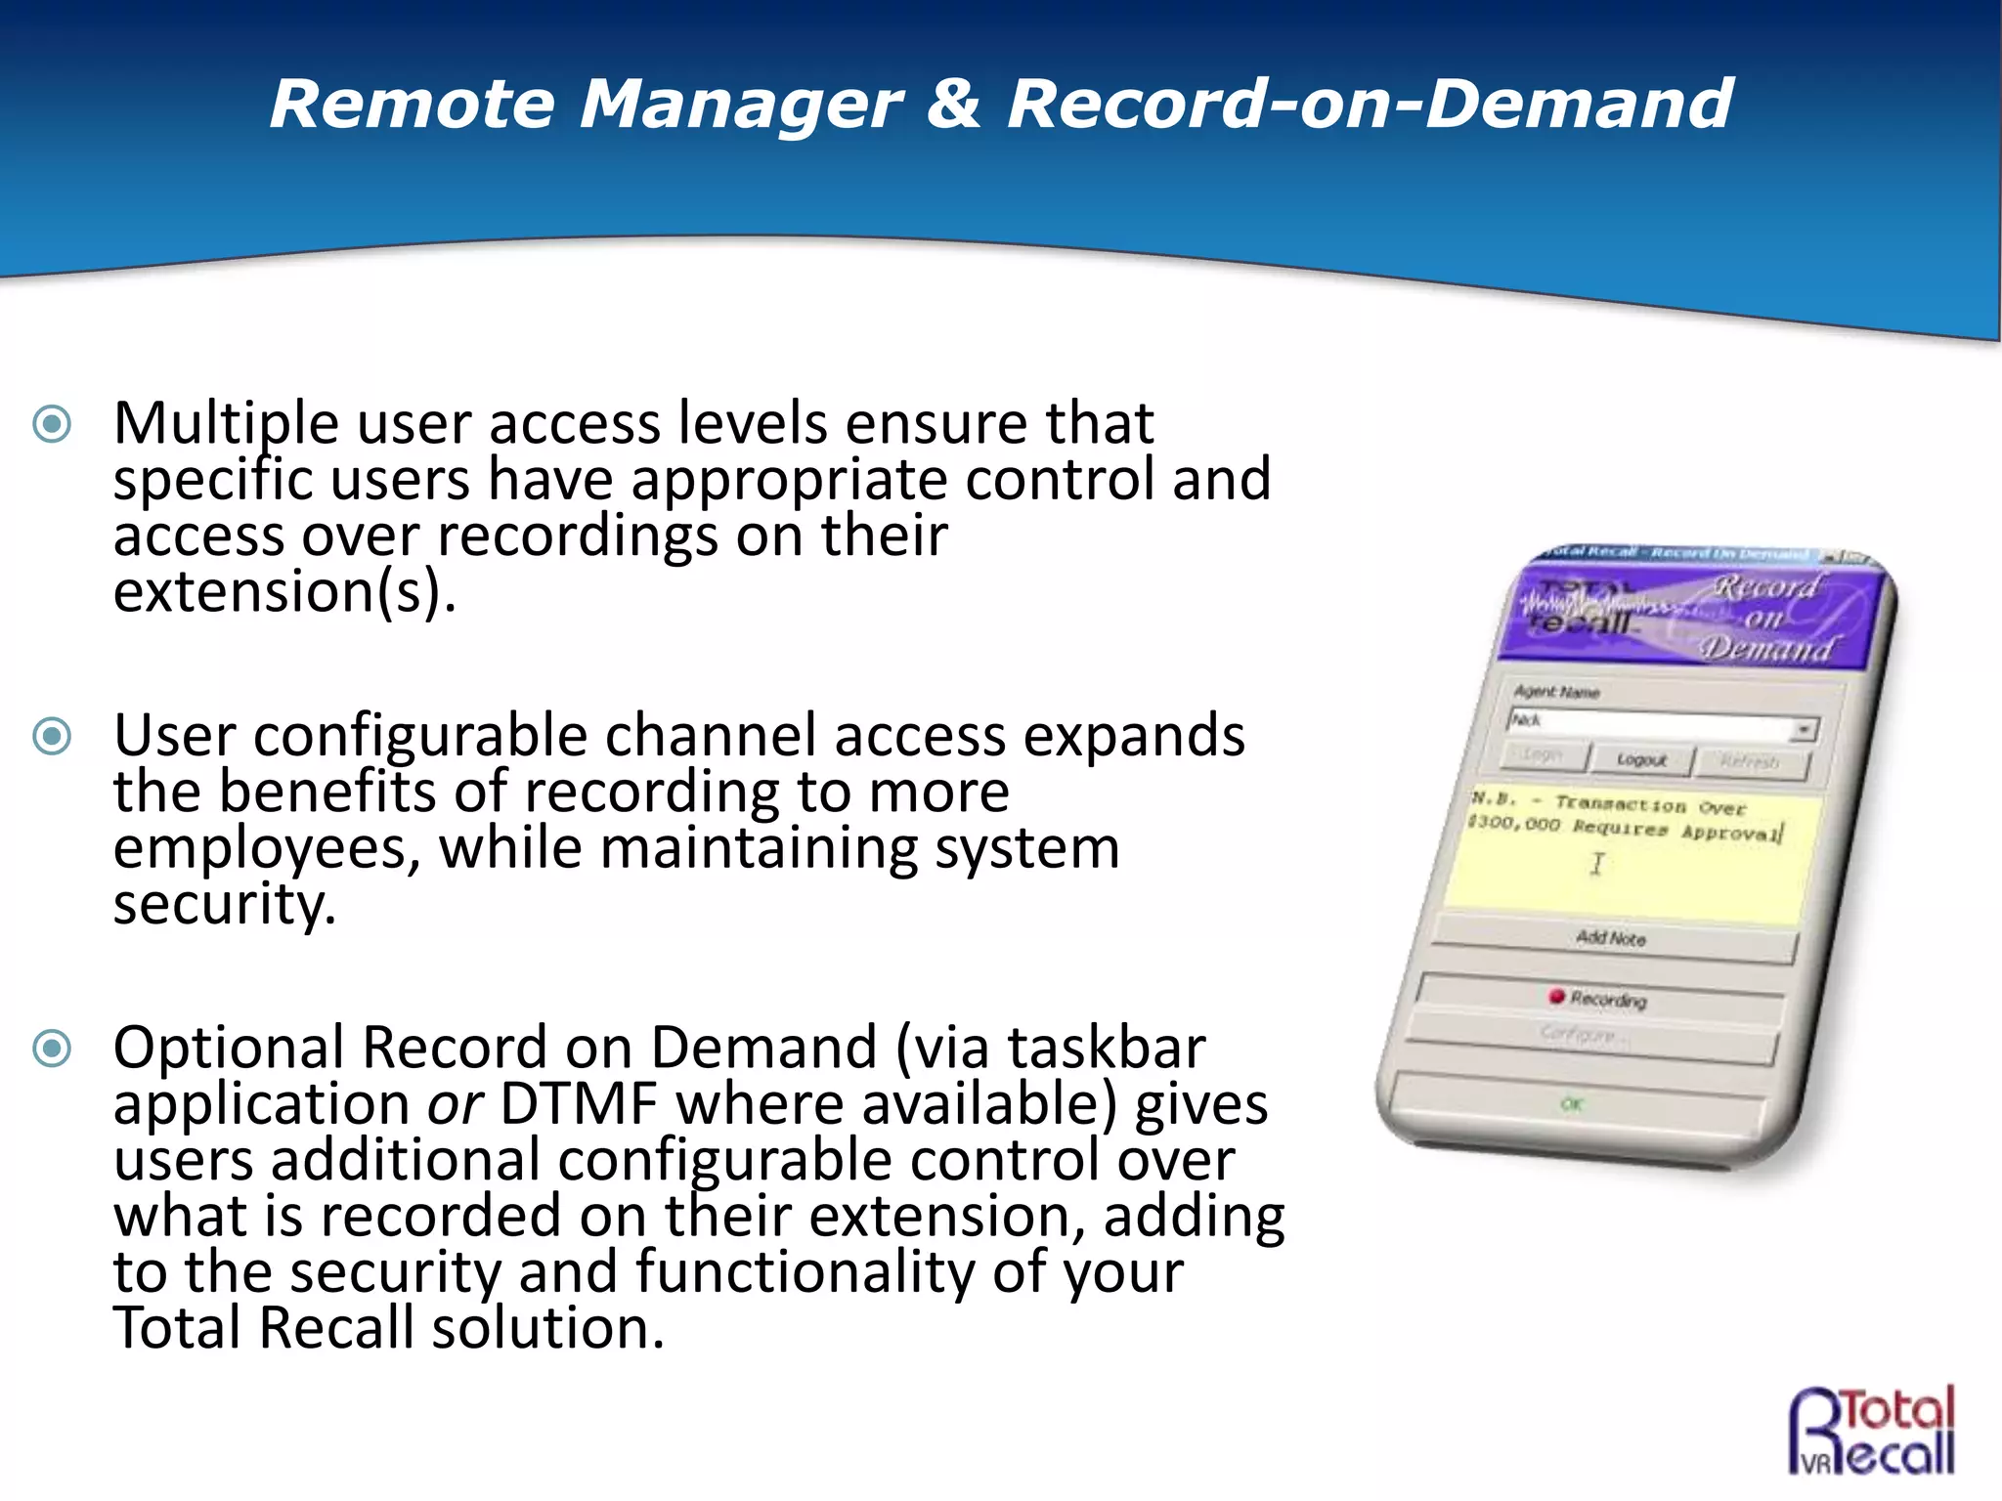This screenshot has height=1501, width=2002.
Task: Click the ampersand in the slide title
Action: pos(953,104)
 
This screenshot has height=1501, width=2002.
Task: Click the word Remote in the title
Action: pos(412,104)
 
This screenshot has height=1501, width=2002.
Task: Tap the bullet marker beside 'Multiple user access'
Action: pos(52,423)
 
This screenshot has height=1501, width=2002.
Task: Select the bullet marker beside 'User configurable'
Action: pos(52,736)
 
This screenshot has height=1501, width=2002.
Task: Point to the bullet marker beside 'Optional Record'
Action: pos(52,1049)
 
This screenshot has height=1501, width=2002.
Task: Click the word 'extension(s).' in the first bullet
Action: pos(284,592)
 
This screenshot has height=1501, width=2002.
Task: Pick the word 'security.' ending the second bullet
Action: pos(224,905)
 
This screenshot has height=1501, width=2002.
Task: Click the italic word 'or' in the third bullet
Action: pos(455,1104)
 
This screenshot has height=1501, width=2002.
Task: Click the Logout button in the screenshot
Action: pos(1641,759)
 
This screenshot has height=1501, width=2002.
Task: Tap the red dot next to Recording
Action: pos(1557,996)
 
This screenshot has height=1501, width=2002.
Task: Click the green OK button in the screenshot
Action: pos(1572,1104)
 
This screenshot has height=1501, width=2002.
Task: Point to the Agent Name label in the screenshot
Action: pos(1556,692)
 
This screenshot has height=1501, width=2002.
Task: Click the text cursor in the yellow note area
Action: pos(1597,864)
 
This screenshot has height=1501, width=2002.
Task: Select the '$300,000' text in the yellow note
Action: pos(1513,824)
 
